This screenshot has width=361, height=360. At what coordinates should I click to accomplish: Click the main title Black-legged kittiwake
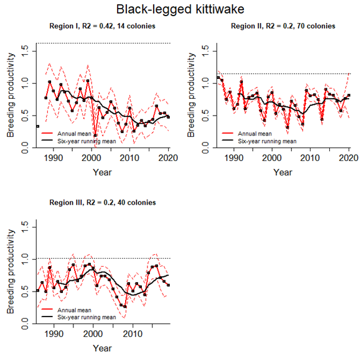180,9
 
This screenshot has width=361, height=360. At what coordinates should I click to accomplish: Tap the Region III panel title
103,203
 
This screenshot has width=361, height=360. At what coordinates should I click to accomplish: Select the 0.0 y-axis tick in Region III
24,321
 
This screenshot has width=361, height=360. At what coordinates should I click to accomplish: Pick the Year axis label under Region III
103,348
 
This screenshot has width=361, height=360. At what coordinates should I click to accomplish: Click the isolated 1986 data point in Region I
37,126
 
